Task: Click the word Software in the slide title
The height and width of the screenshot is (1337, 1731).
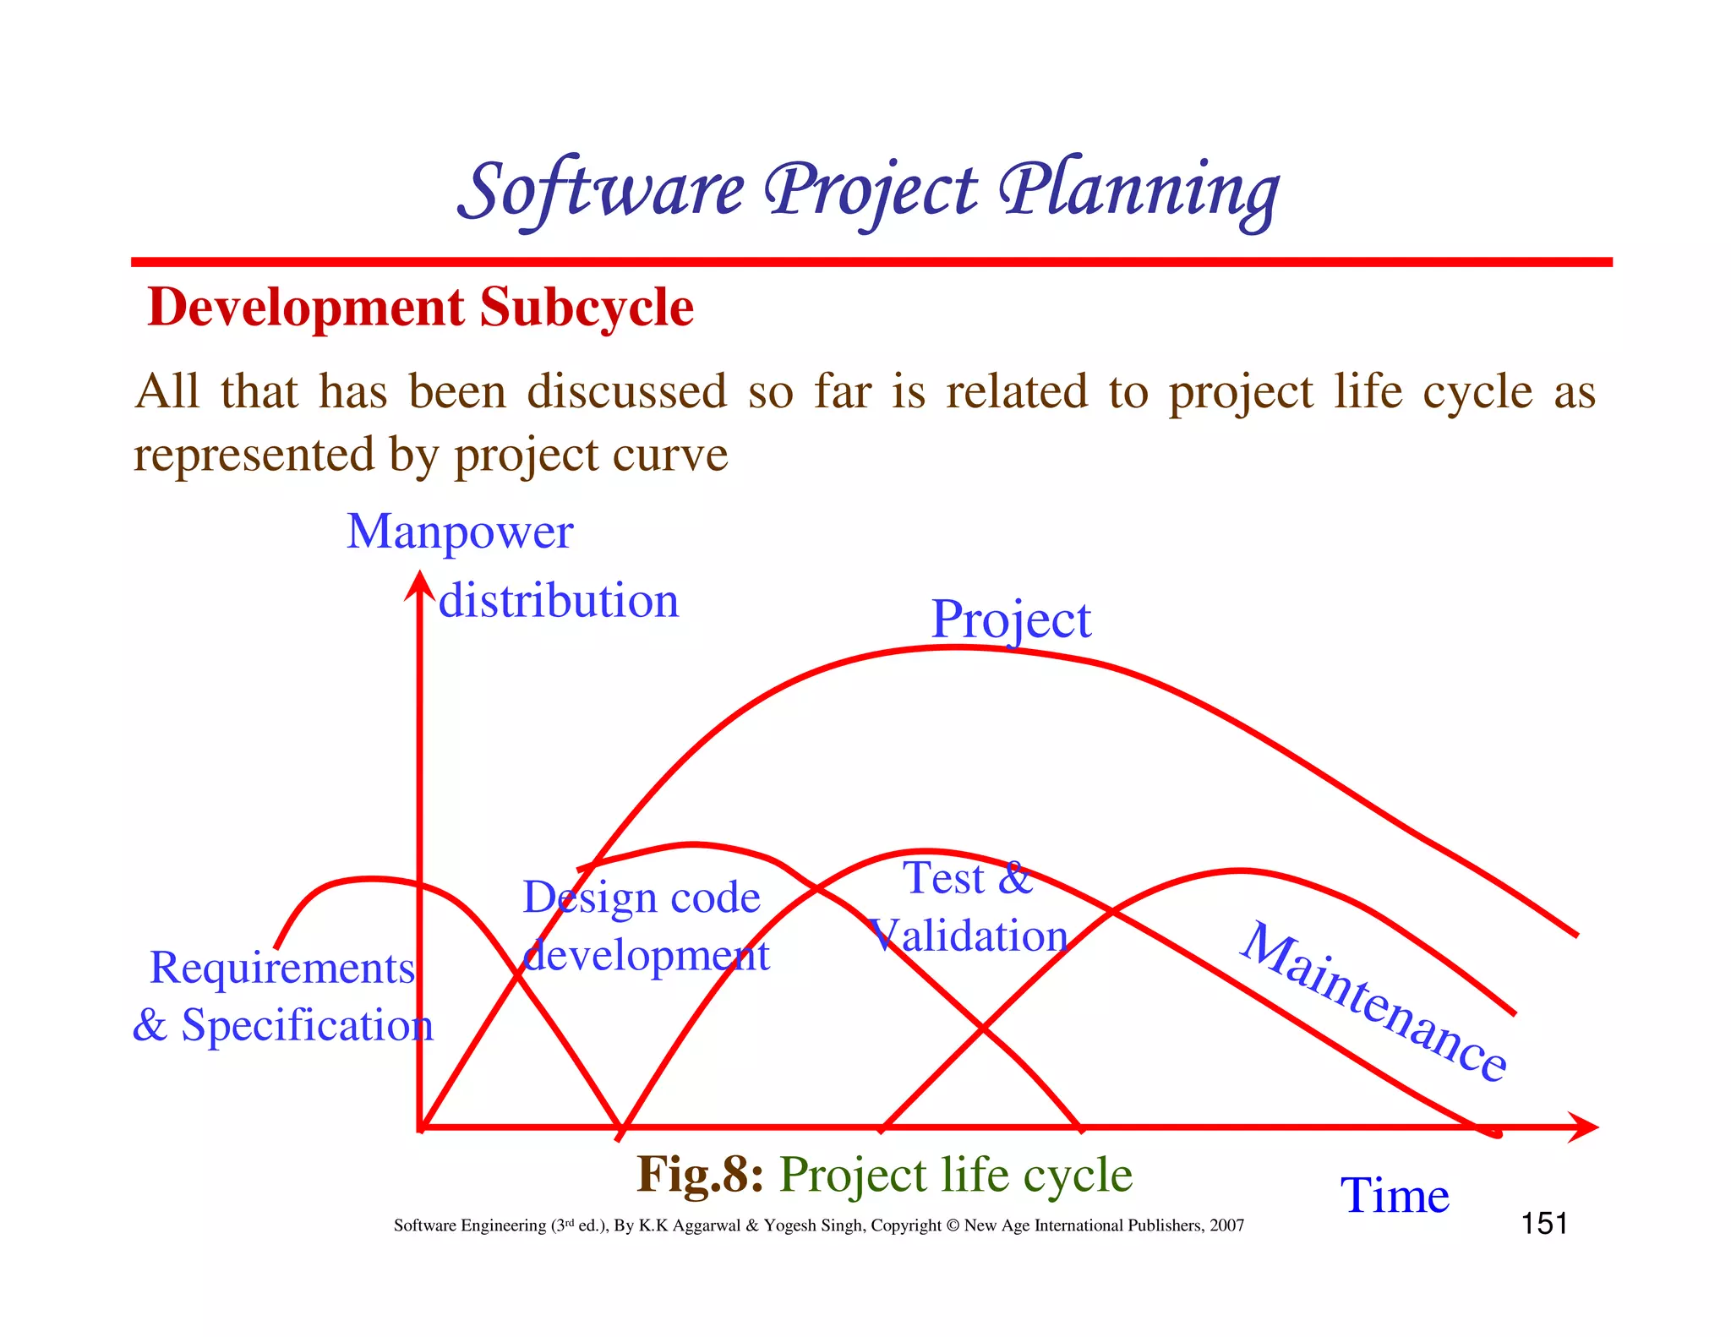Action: [602, 190]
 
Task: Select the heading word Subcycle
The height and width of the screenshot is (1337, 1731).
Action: [587, 307]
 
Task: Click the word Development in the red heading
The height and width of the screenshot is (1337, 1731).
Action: [305, 307]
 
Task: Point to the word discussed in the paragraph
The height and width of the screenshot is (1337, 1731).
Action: [626, 391]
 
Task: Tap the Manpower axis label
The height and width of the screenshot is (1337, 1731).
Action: [460, 532]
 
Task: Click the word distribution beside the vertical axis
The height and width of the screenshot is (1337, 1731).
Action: [559, 601]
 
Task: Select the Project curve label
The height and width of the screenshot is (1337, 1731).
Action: [1011, 619]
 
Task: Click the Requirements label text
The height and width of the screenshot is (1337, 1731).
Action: [282, 968]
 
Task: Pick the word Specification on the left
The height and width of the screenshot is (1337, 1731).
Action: [307, 1025]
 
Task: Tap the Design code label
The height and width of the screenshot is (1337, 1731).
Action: [642, 898]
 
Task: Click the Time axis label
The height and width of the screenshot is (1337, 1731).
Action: [1395, 1196]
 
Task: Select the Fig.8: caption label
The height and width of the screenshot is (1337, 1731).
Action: [700, 1175]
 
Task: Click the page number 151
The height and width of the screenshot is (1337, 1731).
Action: [1544, 1224]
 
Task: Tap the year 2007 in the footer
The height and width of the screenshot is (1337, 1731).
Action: [1226, 1225]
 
